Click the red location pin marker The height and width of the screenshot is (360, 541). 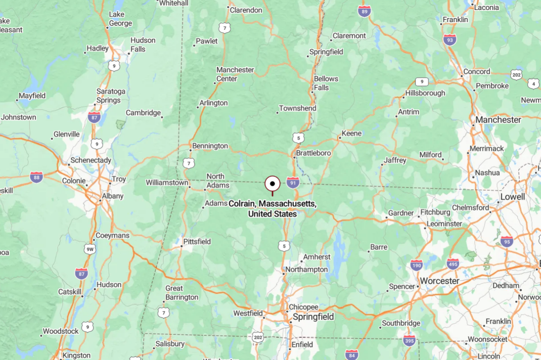pyautogui.click(x=272, y=184)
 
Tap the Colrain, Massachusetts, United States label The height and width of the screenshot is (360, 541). pyautogui.click(x=272, y=209)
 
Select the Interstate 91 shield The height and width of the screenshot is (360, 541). pyautogui.click(x=293, y=182)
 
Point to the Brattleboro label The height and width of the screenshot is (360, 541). pyautogui.click(x=313, y=153)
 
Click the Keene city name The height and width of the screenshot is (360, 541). pyautogui.click(x=351, y=133)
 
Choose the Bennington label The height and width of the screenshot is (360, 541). pyautogui.click(x=210, y=146)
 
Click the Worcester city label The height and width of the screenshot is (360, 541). pyautogui.click(x=440, y=281)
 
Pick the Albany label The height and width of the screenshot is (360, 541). pyautogui.click(x=112, y=196)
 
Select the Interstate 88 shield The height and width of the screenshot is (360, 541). pyautogui.click(x=37, y=177)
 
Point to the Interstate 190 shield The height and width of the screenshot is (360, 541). pyautogui.click(x=417, y=265)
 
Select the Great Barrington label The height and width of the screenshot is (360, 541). pyautogui.click(x=182, y=293)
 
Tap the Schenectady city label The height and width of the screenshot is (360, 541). pyautogui.click(x=90, y=160)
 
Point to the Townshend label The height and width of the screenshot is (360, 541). pyautogui.click(x=298, y=108)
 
